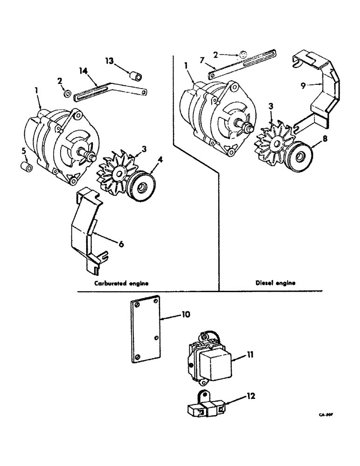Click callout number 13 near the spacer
click(109, 61)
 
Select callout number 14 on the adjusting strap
click(83, 71)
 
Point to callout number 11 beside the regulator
click(250, 356)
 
